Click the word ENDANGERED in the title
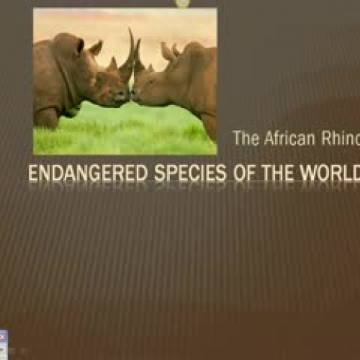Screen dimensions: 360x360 tap(88, 173)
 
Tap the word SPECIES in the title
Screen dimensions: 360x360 tap(190, 173)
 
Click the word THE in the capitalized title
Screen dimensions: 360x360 tap(279, 173)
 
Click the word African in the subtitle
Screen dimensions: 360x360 tap(289, 138)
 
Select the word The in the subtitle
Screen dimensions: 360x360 tap(246, 138)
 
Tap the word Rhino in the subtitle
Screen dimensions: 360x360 tap(341, 138)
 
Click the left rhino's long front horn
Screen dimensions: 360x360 tap(127, 55)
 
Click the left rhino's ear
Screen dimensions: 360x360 tap(96, 48)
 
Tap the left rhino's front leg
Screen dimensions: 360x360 tap(47, 117)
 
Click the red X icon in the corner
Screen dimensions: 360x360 tap(3, 337)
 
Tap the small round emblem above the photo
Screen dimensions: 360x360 tap(183, 4)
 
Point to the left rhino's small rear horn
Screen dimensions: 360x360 tap(112, 63)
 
